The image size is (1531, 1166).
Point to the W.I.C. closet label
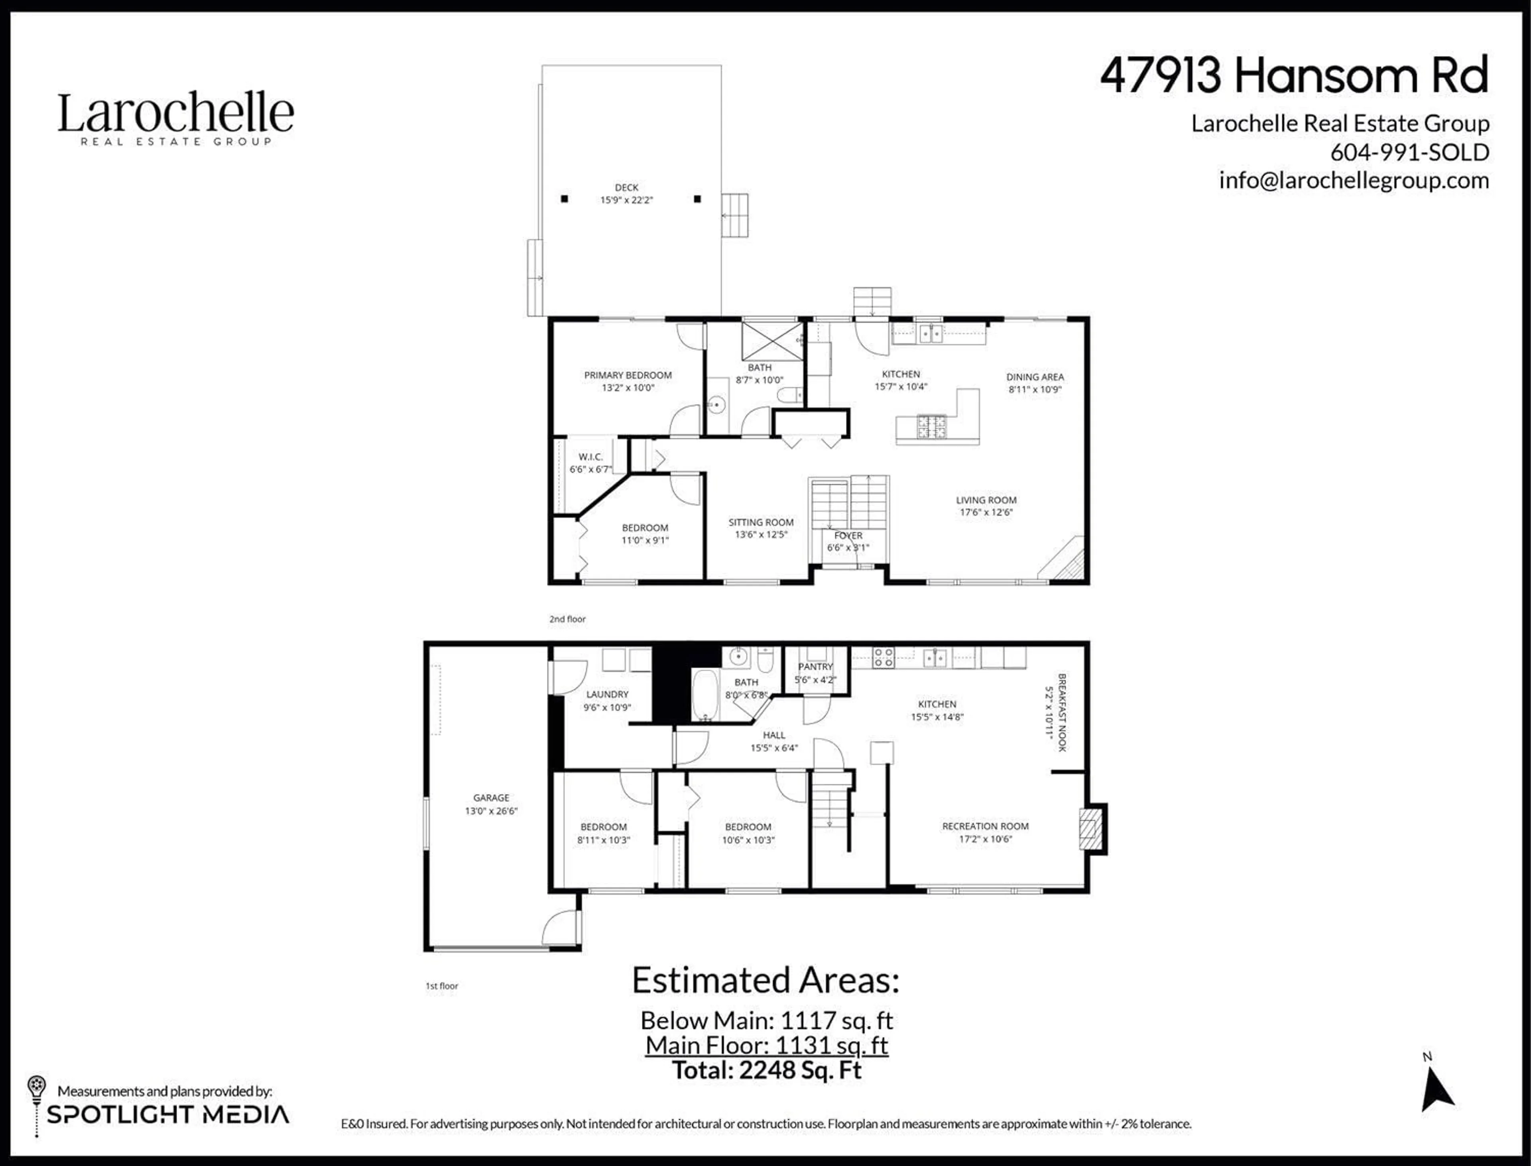[590, 457]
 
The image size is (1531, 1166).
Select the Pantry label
[815, 666]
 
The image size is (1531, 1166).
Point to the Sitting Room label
[761, 522]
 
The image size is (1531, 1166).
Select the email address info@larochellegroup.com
[1353, 181]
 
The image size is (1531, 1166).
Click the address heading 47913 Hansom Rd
[1294, 76]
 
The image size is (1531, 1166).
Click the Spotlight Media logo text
[167, 1115]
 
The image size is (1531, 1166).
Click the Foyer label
[848, 536]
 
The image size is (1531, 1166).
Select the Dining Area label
[1035, 377]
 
